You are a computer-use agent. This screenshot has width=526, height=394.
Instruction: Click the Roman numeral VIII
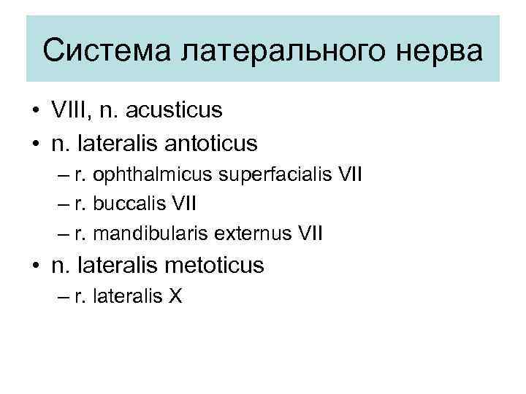pos(69,111)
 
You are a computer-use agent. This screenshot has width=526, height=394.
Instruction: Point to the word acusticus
pos(176,111)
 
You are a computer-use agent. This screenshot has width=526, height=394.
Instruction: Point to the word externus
pos(252,234)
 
